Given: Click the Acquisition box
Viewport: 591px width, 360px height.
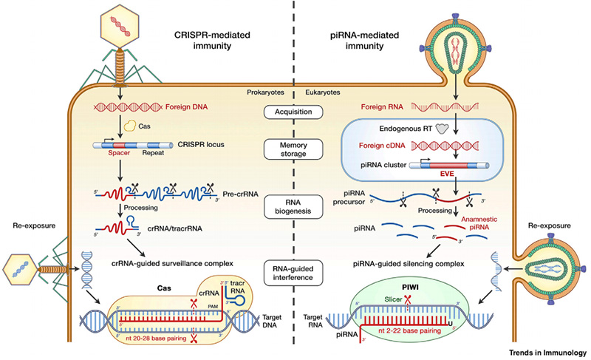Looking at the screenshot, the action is pyautogui.click(x=293, y=112).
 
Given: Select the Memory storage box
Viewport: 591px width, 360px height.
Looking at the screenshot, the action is pyautogui.click(x=293, y=149).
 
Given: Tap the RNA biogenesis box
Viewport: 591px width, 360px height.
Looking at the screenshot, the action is pyautogui.click(x=293, y=206).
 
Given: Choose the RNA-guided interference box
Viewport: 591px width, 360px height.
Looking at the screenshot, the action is pyautogui.click(x=293, y=273).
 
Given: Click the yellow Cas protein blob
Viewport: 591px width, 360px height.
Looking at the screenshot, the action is pyautogui.click(x=129, y=126).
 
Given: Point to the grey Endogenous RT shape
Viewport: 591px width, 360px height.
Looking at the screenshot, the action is pyautogui.click(x=442, y=129).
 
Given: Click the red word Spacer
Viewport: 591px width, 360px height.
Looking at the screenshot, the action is pyautogui.click(x=119, y=153).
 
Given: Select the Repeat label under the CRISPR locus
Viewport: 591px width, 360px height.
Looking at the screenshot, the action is pyautogui.click(x=153, y=153).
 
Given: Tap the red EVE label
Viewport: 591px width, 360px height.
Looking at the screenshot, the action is pyautogui.click(x=447, y=174).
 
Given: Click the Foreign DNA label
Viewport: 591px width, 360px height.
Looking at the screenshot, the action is pyautogui.click(x=187, y=106).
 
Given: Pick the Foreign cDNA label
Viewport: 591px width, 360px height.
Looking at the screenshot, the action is pyautogui.click(x=382, y=146).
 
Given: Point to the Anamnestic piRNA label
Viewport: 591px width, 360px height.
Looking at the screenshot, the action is pyautogui.click(x=479, y=223).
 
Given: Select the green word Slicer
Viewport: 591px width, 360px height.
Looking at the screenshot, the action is pyautogui.click(x=393, y=299).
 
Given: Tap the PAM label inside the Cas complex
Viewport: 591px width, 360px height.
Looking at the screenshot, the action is pyautogui.click(x=213, y=307).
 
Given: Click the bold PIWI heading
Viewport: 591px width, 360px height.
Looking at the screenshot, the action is pyautogui.click(x=410, y=288).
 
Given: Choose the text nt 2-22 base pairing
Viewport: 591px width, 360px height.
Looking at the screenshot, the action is pyautogui.click(x=410, y=330).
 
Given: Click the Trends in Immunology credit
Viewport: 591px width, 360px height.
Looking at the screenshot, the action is pyautogui.click(x=548, y=353).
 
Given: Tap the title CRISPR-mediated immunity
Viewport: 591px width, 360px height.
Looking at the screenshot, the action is pyautogui.click(x=212, y=41).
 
